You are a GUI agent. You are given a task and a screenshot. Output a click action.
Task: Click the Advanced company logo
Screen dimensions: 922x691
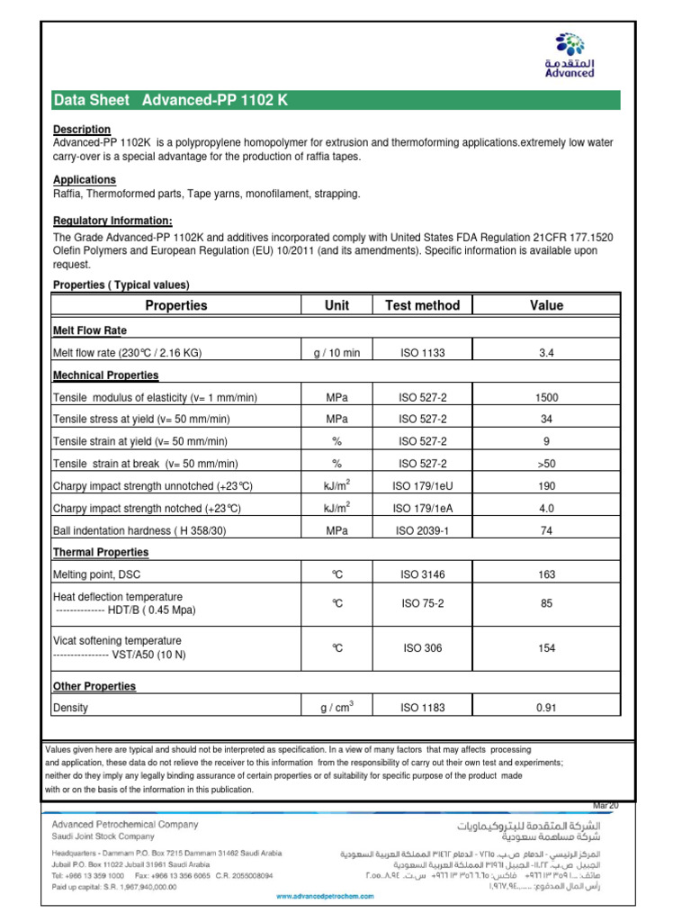click(575, 55)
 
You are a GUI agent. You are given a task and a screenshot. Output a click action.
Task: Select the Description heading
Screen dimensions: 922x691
click(81, 130)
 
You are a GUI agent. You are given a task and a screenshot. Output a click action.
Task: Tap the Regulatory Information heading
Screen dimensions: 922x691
click(112, 221)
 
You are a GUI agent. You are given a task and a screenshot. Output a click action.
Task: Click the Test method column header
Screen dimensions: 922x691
click(422, 305)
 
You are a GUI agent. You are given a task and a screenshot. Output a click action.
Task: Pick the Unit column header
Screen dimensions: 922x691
click(337, 305)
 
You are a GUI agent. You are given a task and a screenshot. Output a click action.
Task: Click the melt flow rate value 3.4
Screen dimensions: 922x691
click(545, 353)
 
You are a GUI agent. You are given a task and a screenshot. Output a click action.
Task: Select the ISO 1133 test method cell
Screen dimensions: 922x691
click(422, 353)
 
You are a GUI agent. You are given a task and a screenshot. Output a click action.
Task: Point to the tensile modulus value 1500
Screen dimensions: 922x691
click(545, 397)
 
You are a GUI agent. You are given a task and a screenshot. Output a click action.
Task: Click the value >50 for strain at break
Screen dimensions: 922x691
click(545, 464)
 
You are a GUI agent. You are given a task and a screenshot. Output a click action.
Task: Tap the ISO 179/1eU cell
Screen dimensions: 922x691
click(422, 486)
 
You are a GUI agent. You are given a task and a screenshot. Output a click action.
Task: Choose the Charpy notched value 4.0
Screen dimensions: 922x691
click(545, 509)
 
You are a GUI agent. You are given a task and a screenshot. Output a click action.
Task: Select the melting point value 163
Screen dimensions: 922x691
click(545, 574)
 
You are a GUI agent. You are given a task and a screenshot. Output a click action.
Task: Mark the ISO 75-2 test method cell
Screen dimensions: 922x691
click(422, 604)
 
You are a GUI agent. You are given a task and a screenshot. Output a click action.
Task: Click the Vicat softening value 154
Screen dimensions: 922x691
click(545, 648)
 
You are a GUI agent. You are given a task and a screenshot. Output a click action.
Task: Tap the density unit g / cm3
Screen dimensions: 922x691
click(337, 708)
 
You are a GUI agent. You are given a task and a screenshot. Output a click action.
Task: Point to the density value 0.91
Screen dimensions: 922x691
click(545, 708)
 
